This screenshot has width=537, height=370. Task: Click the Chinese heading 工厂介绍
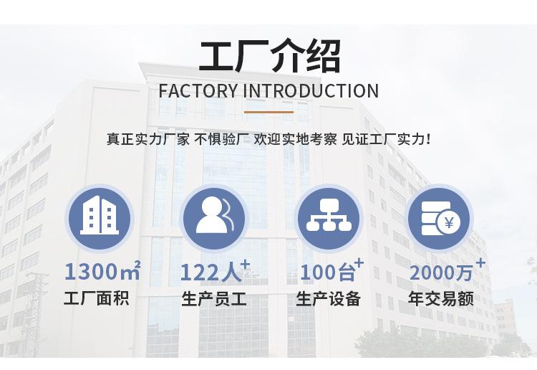pos(270,56)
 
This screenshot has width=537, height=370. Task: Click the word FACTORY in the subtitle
pos(198,91)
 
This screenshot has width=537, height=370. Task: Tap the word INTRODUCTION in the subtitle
pos(311,91)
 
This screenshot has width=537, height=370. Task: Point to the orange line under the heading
pos(268,112)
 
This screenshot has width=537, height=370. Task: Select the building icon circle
pos(100,219)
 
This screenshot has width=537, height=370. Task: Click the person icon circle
pos(213,219)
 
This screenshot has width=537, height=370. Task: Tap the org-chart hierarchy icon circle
pos(329,219)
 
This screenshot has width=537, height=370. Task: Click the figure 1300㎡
pos(102,270)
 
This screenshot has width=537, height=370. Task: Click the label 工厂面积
pos(97,298)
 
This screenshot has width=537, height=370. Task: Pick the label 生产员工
pos(214,298)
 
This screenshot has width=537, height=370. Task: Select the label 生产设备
pos(328,298)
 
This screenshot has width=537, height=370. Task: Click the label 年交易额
pos(441,298)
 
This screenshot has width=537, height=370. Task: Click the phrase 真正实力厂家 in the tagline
pos(148,140)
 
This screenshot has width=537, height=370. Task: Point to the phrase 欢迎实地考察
pos(295,140)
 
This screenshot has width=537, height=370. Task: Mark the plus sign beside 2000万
pos(481,263)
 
